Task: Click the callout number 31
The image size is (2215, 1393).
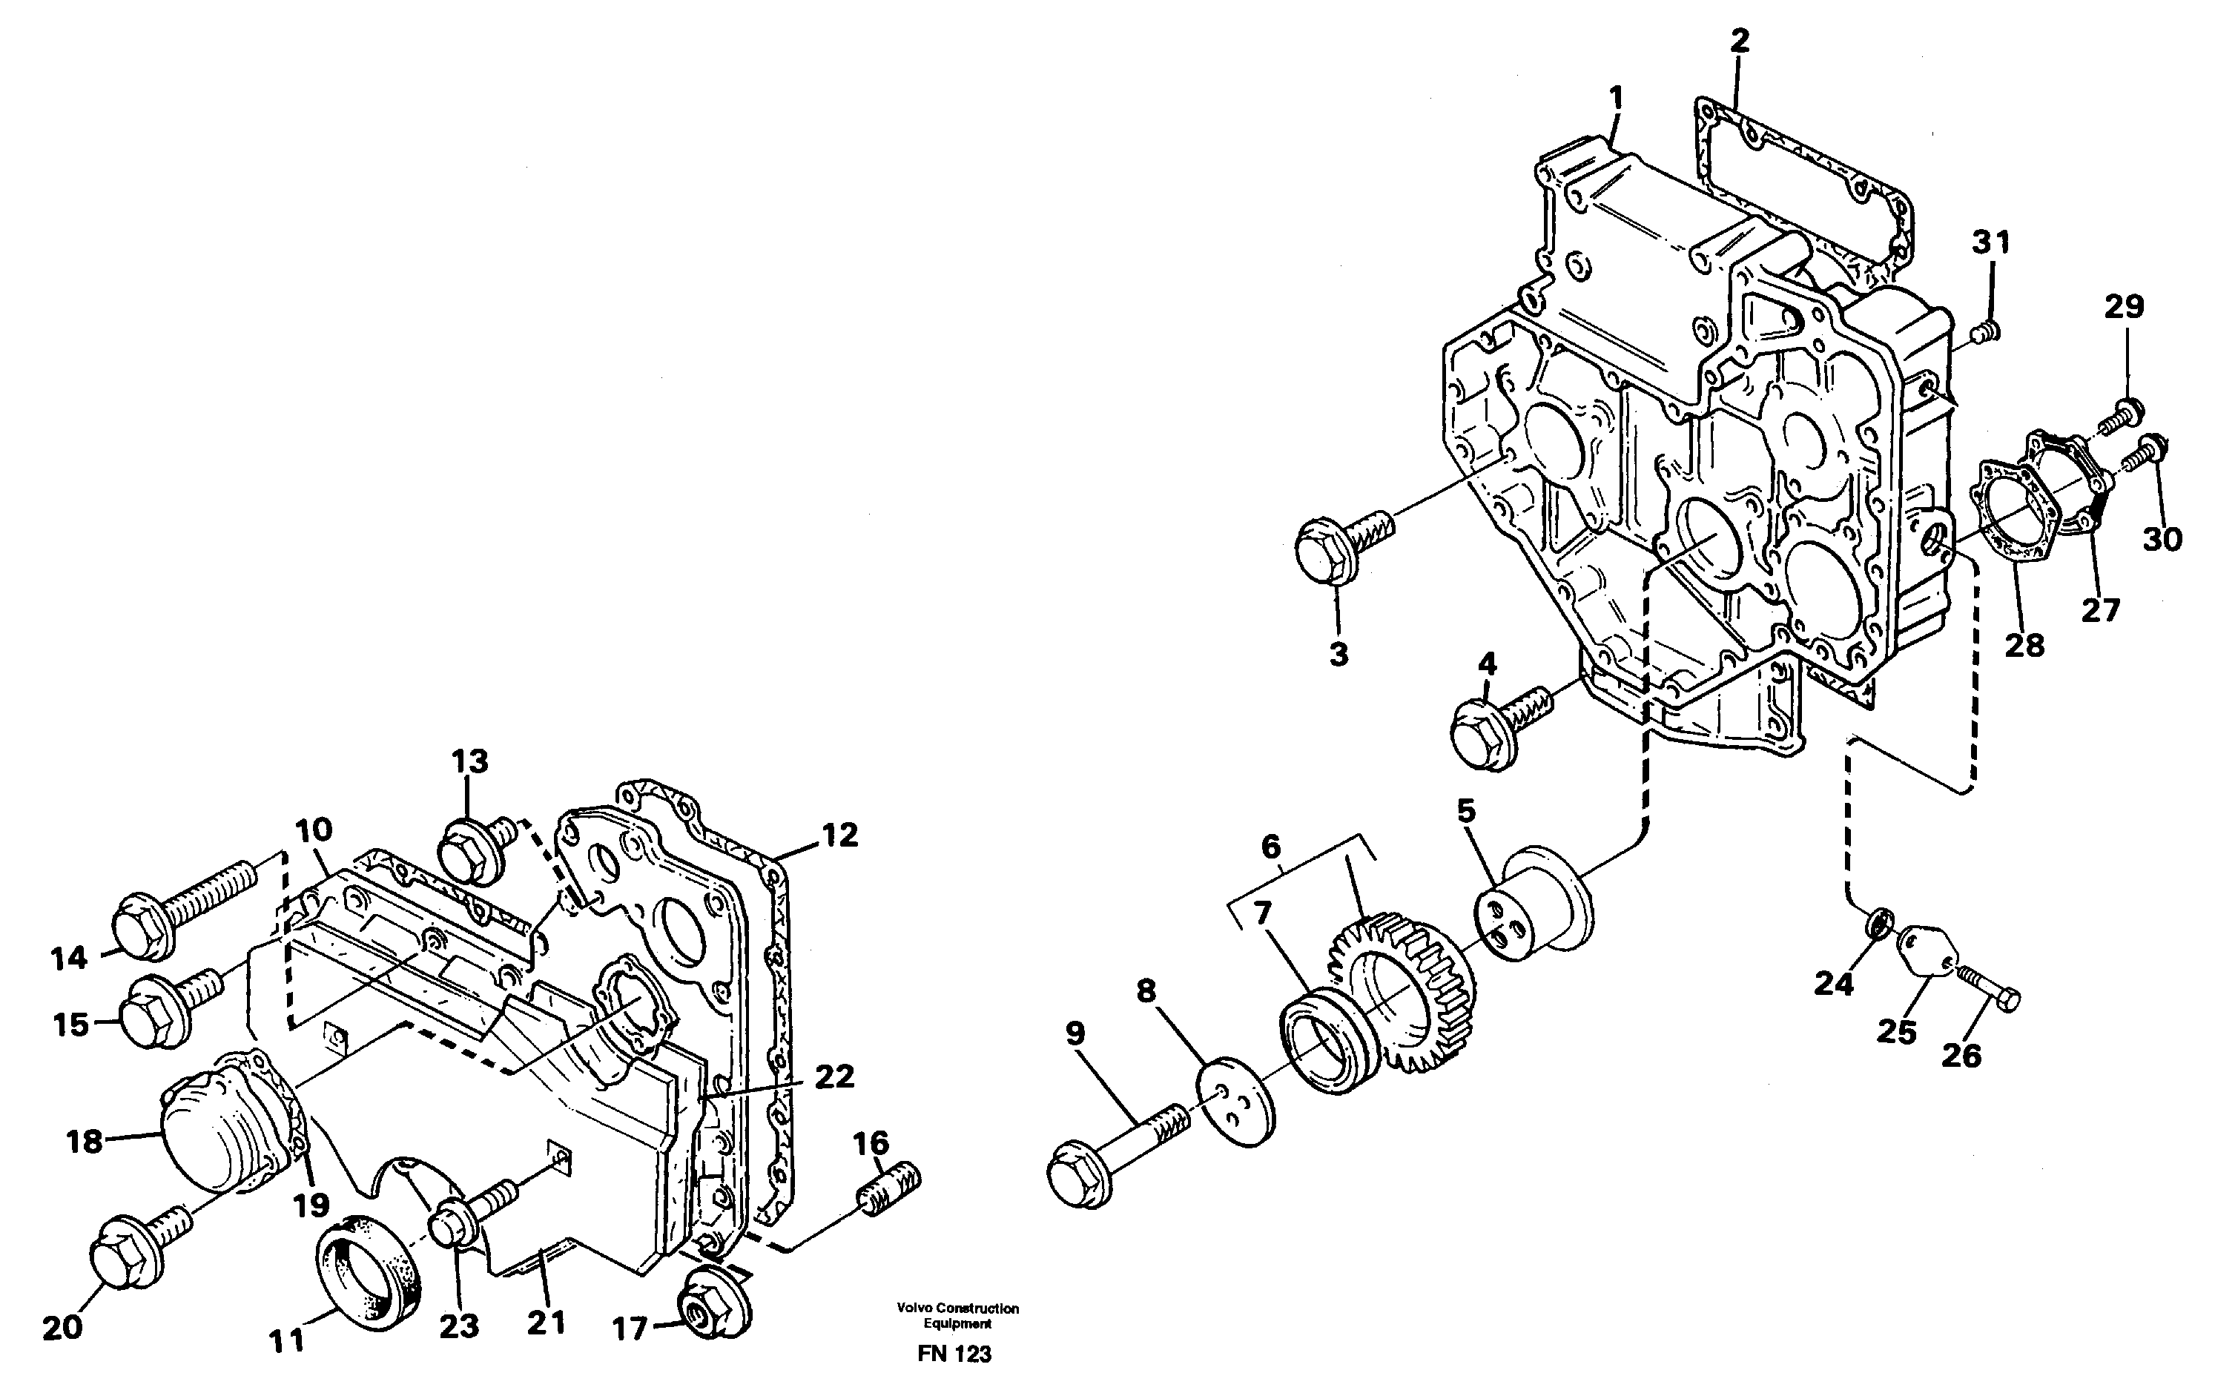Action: pyautogui.click(x=1990, y=242)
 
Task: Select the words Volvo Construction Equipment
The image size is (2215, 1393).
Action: pyautogui.click(x=957, y=1316)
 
